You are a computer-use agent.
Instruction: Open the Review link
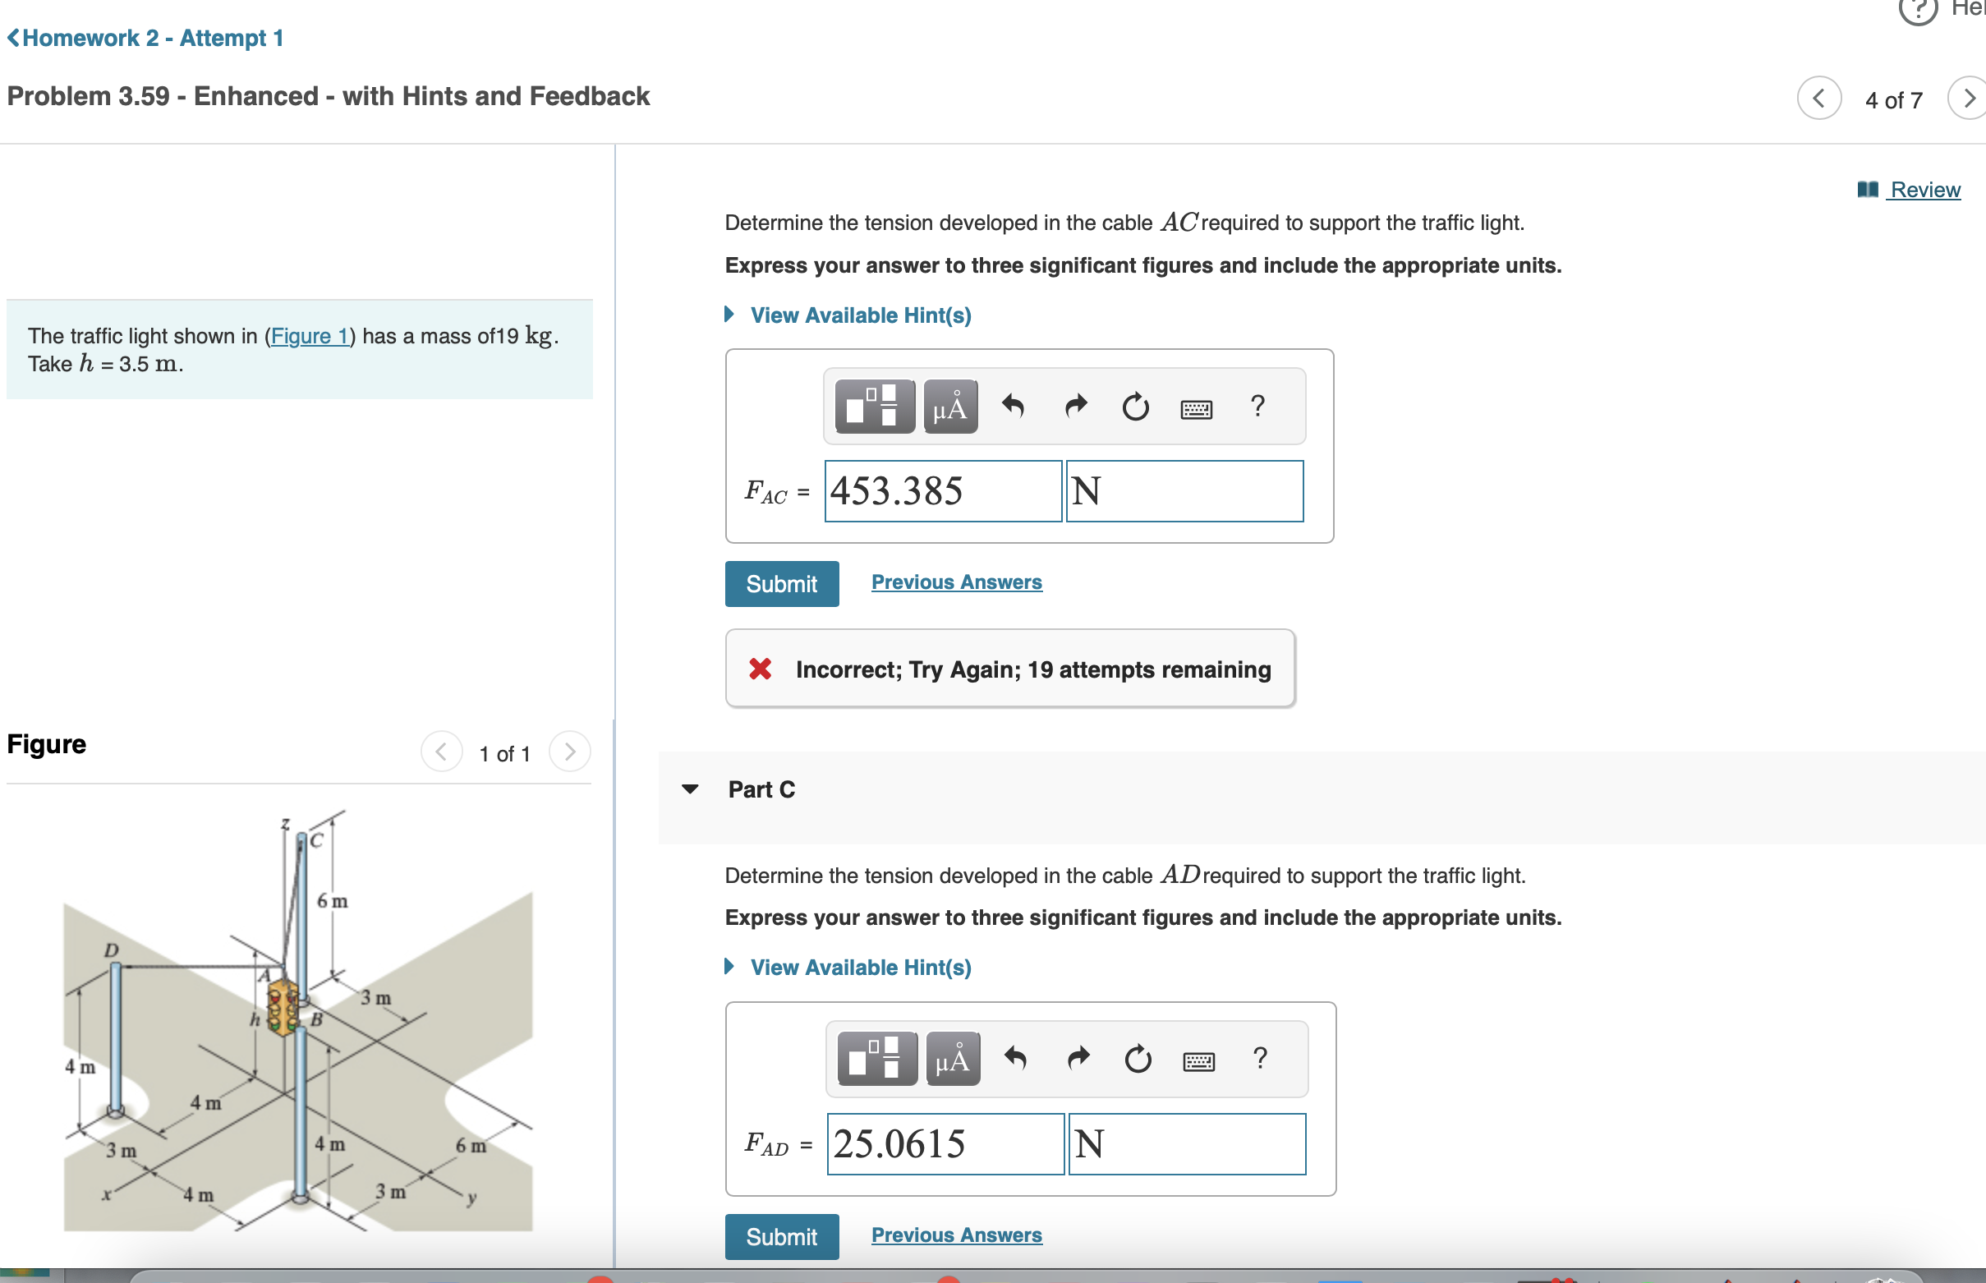1924,190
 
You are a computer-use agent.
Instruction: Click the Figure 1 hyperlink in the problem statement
309,336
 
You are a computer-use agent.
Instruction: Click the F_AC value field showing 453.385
942,491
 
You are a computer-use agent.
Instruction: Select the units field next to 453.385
1184,491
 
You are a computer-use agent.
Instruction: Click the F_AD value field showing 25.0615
945,1144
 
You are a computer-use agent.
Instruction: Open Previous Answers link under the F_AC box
955,582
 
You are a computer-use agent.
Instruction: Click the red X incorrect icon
760,669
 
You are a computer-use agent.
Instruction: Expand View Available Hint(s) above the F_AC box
859,315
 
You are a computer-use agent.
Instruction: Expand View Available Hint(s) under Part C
859,968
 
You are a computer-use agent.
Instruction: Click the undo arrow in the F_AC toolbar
1012,407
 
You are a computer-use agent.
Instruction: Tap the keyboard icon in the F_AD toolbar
1198,1060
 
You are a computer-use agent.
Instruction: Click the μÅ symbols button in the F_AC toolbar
949,407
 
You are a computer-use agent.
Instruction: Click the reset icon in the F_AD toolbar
1137,1060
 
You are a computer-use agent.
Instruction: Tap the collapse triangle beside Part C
690,789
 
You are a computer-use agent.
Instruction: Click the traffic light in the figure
283,1007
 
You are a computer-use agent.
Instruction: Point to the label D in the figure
111,950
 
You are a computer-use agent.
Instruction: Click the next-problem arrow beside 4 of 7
1968,99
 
